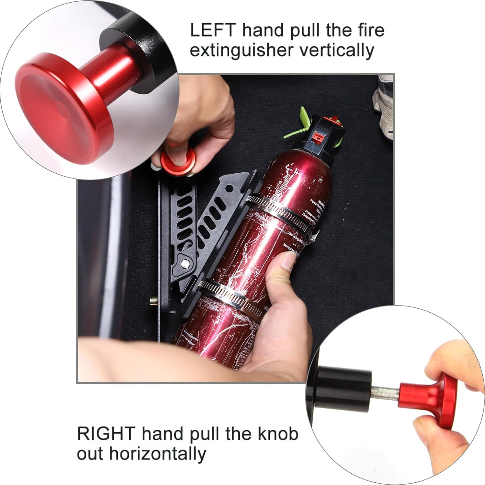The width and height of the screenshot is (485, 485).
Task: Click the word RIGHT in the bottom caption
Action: pos(106,434)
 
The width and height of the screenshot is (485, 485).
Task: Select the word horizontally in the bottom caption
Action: pos(157,454)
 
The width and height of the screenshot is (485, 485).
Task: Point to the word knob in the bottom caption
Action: pos(277,434)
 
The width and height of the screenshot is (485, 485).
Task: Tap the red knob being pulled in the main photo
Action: pos(178,162)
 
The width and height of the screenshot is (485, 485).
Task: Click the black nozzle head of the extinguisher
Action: pos(327,133)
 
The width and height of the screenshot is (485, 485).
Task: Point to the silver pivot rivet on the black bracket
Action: pos(185,264)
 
